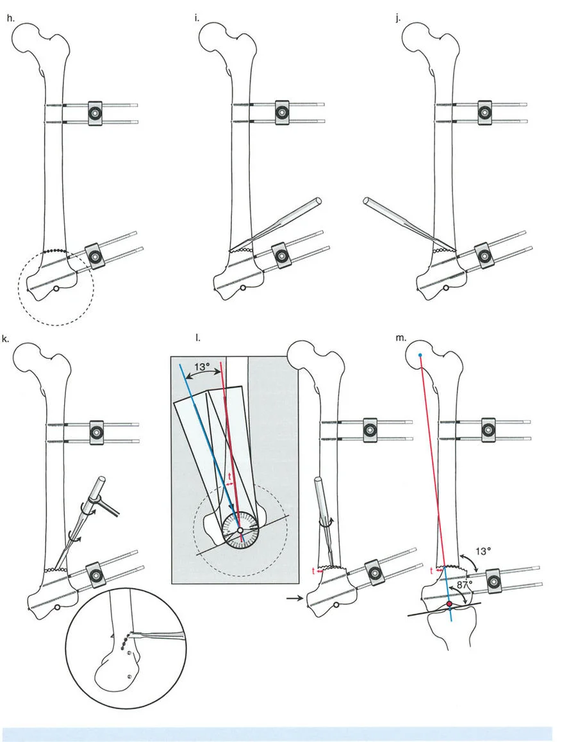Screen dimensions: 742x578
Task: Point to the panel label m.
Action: [400, 338]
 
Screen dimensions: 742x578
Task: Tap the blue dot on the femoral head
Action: [420, 354]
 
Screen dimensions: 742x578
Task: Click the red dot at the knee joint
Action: [449, 604]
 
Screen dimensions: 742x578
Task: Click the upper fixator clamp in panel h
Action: [95, 113]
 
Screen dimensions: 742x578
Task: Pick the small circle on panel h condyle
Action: [57, 289]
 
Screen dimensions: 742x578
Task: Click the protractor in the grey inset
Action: [239, 531]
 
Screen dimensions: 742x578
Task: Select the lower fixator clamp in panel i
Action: [280, 255]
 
